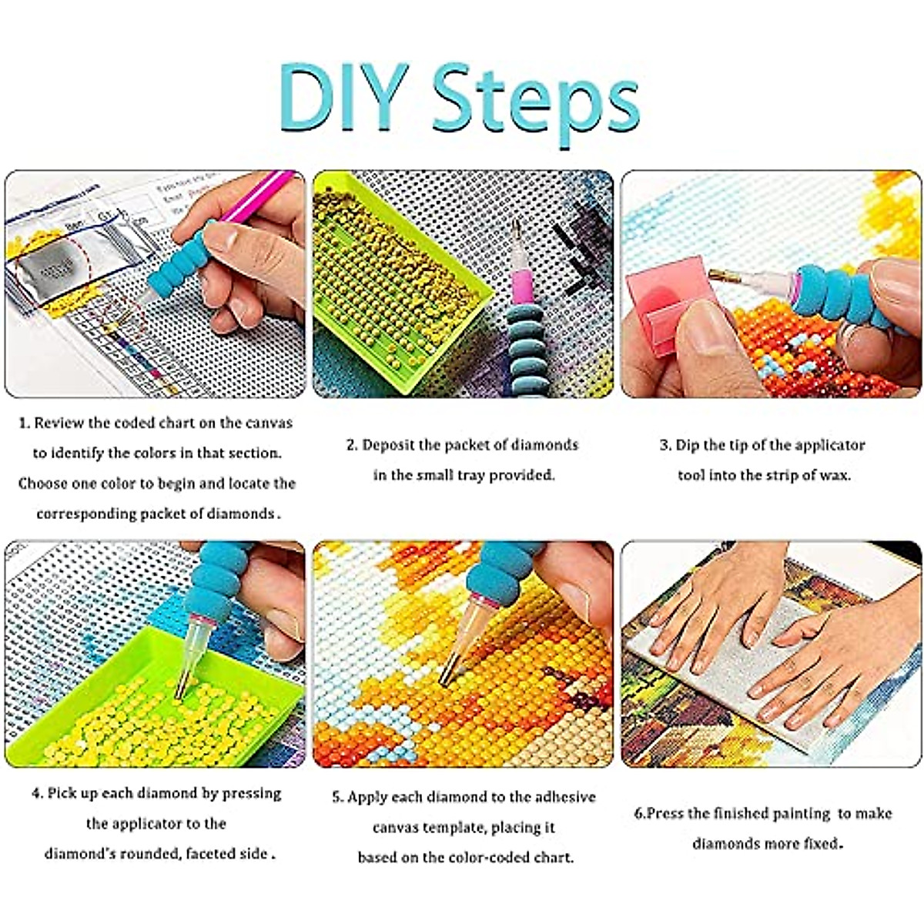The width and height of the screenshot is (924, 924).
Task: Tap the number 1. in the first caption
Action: (25, 423)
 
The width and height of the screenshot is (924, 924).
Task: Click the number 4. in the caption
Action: (38, 793)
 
